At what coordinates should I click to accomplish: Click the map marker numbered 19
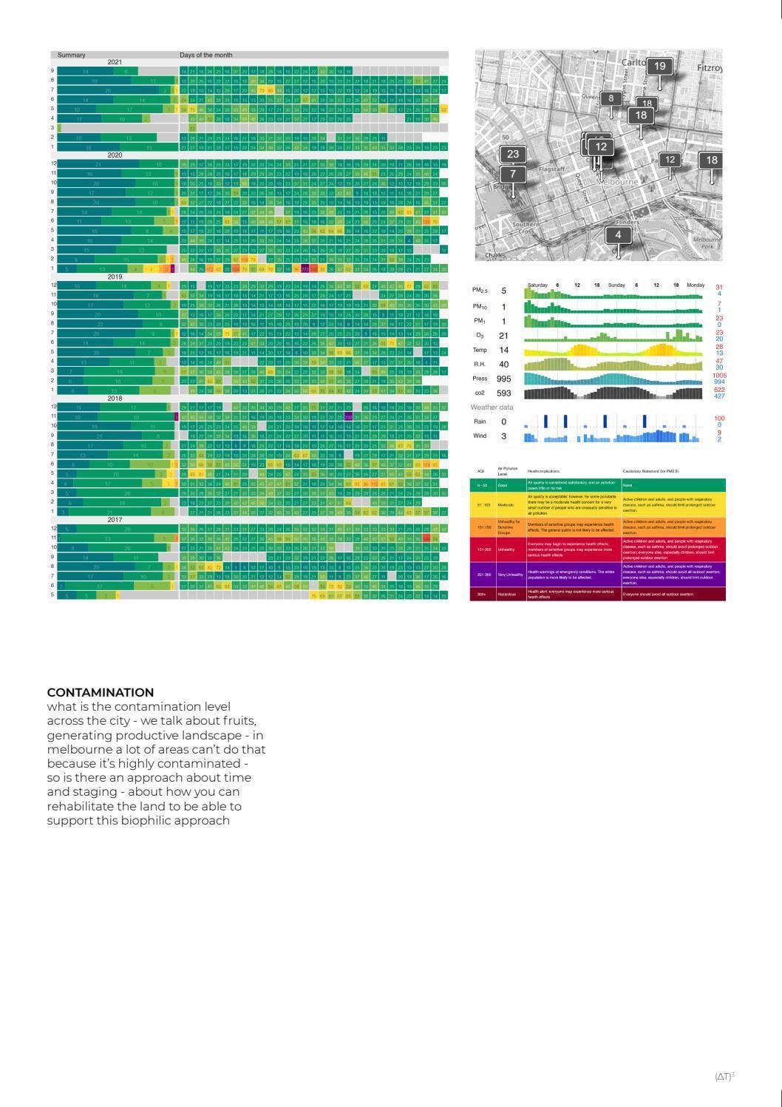660,67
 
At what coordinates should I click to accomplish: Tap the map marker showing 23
512,155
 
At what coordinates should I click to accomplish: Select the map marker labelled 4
618,235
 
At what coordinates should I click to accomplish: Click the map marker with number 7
512,175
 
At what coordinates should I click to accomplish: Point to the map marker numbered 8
611,98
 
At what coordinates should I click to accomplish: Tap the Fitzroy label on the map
709,68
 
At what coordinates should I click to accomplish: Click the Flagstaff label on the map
552,169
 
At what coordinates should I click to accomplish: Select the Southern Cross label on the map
526,227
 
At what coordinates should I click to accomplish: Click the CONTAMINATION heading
101,692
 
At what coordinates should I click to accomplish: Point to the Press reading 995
504,379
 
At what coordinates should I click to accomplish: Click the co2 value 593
504,393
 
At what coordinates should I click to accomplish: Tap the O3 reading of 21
504,336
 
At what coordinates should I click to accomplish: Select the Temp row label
480,350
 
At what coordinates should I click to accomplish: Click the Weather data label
492,407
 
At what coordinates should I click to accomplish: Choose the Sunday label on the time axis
616,285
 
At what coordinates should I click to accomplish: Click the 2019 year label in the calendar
115,277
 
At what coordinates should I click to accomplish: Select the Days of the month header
205,55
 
